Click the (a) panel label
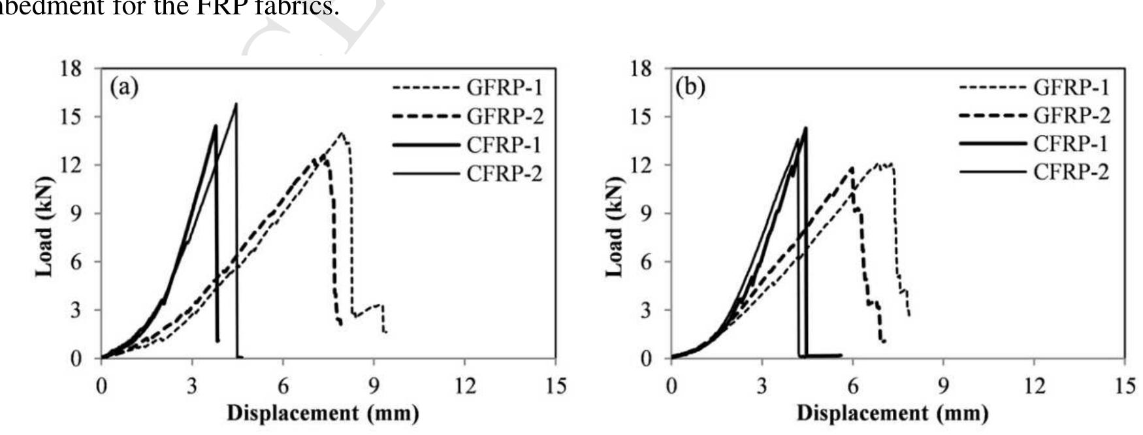coord(124,86)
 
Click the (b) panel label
coord(691,86)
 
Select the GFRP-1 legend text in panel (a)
coord(504,88)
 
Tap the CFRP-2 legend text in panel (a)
coord(504,174)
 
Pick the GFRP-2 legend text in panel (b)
coord(1071,116)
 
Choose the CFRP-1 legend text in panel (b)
coord(1071,144)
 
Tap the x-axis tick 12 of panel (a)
coord(464,387)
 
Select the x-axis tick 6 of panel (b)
coord(852,387)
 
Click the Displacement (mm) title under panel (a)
coord(323,414)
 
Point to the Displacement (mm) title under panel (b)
coord(892,414)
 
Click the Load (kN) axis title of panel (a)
coord(44,226)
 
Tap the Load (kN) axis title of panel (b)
coord(615,226)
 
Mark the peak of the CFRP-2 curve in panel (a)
coord(236,103)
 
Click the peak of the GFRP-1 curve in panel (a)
coord(341,133)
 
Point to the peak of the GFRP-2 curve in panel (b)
coord(852,168)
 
